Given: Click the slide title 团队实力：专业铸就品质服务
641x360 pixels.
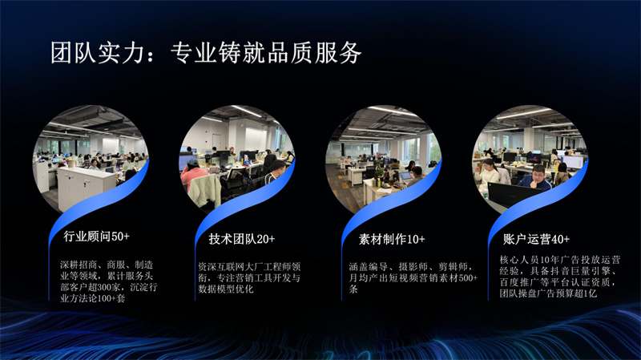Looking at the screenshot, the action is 206,53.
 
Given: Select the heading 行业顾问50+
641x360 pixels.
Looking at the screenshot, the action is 96,236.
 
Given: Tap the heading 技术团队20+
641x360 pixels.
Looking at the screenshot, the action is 242,239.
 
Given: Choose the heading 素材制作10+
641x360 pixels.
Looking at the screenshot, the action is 392,239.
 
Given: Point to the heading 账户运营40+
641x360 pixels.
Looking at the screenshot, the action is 536,239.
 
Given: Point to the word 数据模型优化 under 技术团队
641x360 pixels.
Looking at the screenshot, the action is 226,289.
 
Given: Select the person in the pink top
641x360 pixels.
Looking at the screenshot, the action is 192,174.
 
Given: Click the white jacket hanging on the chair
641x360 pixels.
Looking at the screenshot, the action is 204,190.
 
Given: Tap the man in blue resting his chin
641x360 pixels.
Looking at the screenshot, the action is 535,178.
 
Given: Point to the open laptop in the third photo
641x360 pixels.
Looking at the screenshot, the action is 405,176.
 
